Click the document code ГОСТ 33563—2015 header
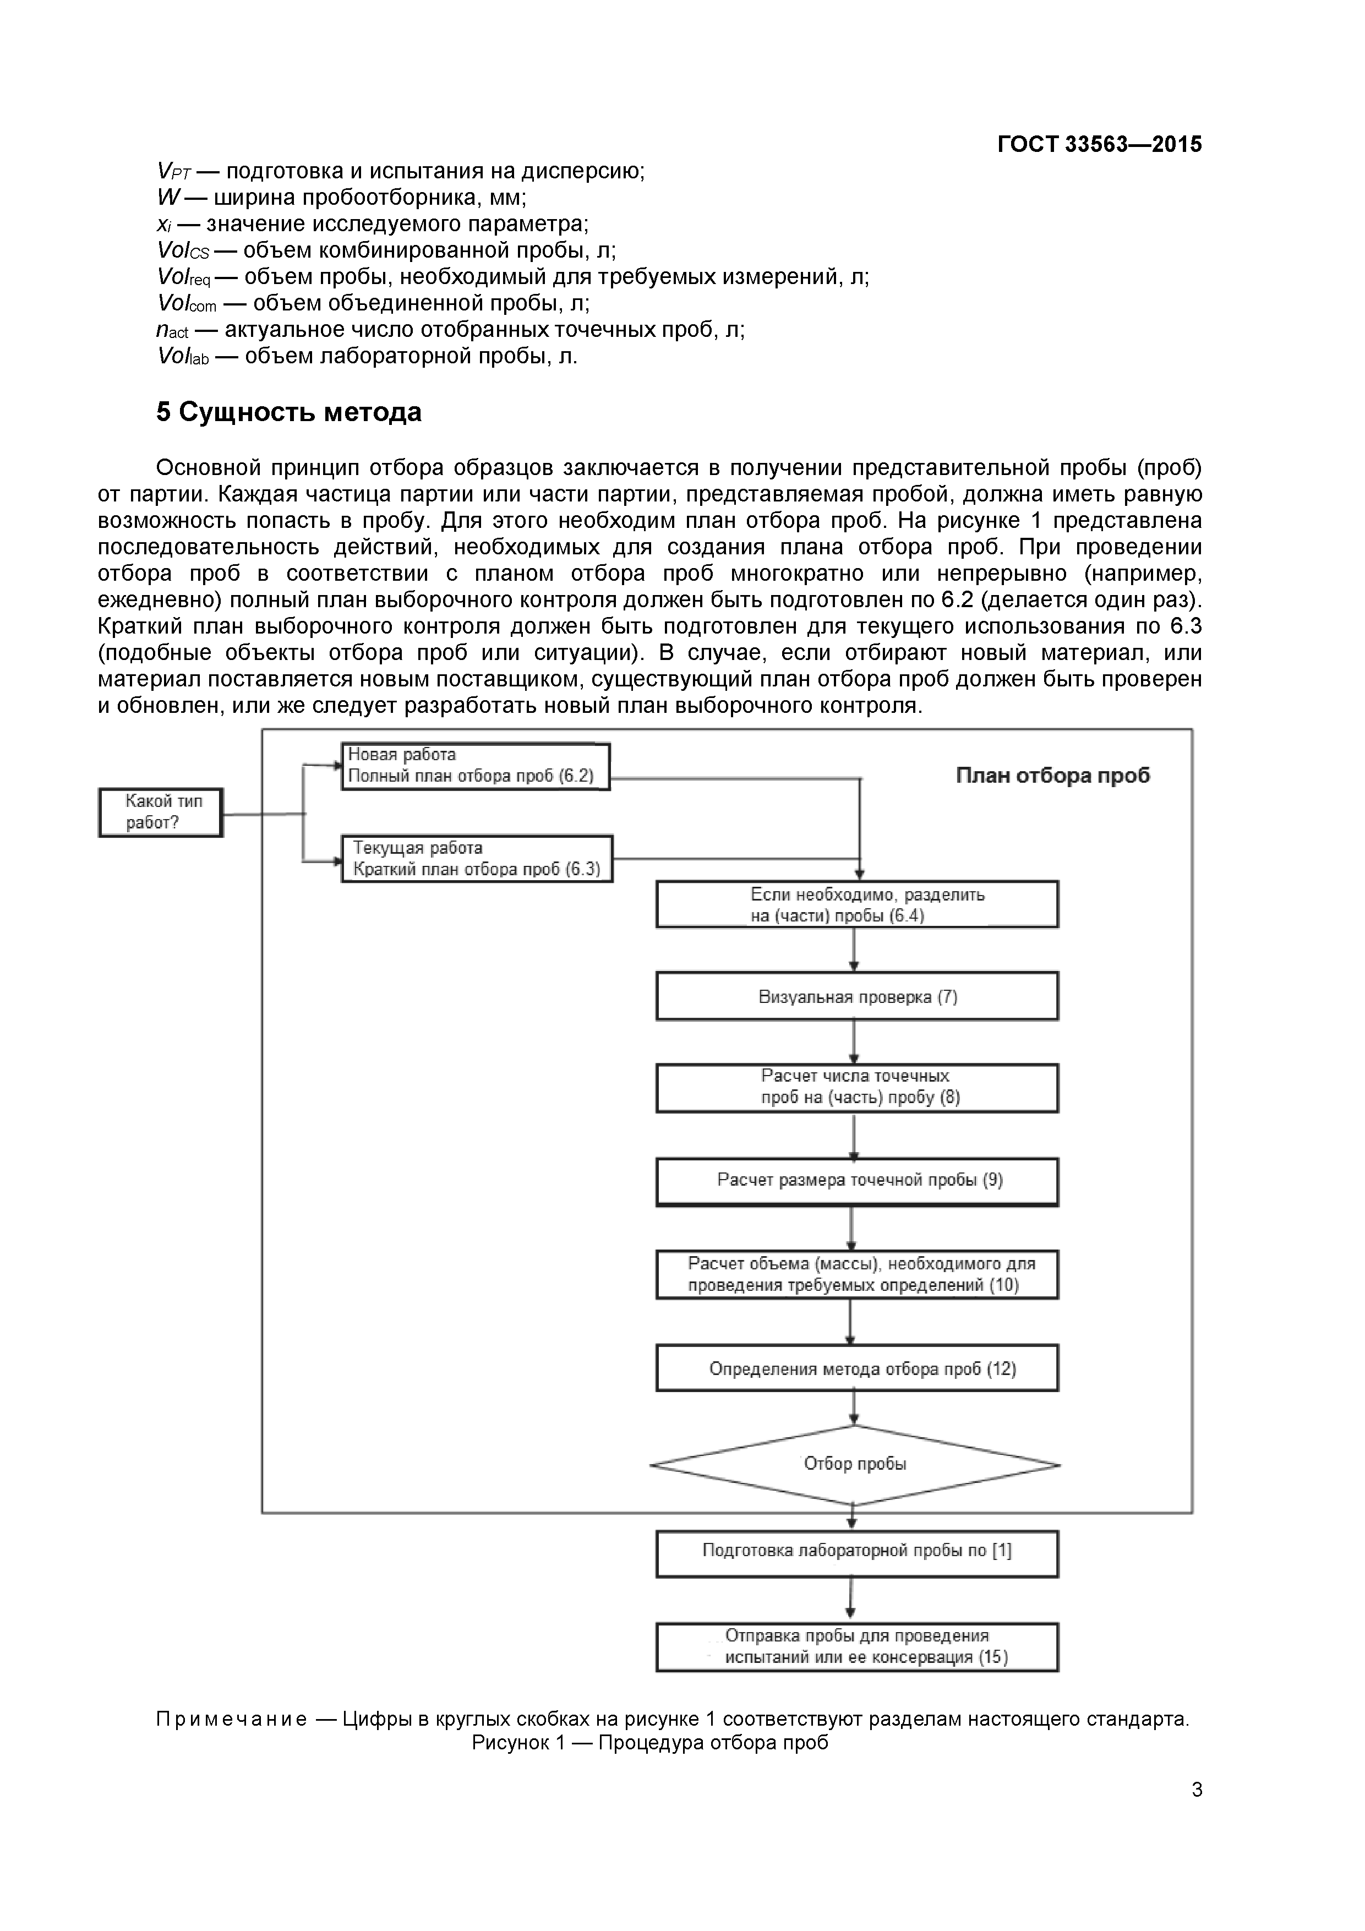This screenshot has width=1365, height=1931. (x=1099, y=145)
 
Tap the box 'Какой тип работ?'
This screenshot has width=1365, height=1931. (x=161, y=812)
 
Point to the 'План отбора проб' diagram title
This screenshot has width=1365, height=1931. (x=1052, y=776)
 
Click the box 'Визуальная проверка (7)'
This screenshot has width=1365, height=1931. (x=857, y=997)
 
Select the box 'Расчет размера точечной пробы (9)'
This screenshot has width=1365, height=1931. (x=857, y=1181)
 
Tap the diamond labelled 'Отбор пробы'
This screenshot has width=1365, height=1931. (x=854, y=1464)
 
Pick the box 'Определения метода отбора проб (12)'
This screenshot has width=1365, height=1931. (x=857, y=1368)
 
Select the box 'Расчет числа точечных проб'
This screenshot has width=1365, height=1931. (x=857, y=1088)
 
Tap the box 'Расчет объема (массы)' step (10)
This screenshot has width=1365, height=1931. (x=857, y=1274)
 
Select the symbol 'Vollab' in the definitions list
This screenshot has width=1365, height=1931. (x=183, y=357)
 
